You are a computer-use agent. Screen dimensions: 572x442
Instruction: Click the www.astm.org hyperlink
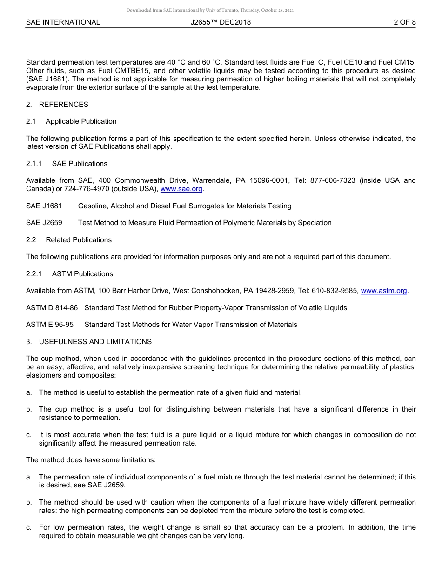point(384,291)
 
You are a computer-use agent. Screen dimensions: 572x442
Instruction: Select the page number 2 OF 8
point(404,22)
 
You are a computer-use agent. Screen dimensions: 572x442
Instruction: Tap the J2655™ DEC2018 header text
point(221,22)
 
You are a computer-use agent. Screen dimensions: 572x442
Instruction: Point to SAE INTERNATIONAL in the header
point(63,22)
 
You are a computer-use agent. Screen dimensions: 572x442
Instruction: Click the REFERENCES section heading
point(63,104)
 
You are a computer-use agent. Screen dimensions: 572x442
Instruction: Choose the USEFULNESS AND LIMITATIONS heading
point(95,341)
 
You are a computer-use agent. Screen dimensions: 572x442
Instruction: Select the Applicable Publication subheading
point(81,121)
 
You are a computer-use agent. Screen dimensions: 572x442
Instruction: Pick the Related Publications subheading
point(79,240)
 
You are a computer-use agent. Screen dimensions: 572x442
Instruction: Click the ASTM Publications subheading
point(82,274)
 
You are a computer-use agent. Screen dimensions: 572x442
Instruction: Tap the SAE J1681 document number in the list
point(44,206)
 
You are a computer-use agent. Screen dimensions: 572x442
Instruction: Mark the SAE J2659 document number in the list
point(44,223)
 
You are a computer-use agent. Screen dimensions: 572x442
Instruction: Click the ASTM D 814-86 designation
point(52,308)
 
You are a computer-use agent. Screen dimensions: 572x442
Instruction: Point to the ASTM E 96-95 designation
point(50,325)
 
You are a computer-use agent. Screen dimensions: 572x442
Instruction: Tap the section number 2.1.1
point(34,164)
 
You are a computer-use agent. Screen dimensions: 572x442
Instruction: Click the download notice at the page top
point(210,10)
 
